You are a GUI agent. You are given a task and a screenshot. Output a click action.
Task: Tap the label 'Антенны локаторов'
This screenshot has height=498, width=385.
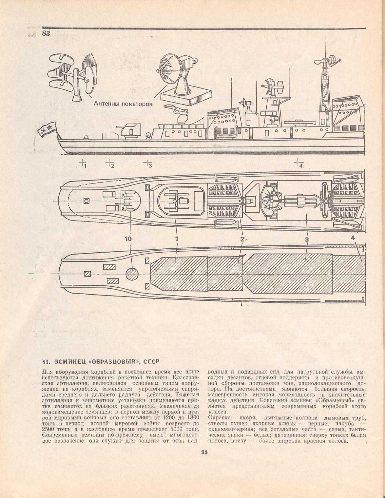pos(123,104)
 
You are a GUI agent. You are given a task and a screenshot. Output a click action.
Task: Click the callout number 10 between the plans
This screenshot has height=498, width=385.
pos(128,239)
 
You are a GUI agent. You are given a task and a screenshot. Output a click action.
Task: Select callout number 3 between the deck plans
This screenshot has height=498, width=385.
pos(307,239)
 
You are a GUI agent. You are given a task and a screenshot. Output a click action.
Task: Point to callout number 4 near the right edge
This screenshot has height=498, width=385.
pos(353,238)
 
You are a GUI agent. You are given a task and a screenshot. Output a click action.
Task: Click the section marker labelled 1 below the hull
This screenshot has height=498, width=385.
pos(83,163)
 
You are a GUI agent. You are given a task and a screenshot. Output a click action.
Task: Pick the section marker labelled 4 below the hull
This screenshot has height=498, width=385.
pos(299,163)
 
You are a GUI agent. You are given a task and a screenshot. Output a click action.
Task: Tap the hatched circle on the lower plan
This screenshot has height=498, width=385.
pos(132,274)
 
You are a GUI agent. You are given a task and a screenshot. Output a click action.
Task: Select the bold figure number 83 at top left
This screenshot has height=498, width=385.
pos(46,33)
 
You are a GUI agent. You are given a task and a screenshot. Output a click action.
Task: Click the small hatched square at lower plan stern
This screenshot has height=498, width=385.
pos(87,274)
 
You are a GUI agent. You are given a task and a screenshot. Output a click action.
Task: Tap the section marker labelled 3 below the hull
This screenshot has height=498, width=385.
pos(147,163)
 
